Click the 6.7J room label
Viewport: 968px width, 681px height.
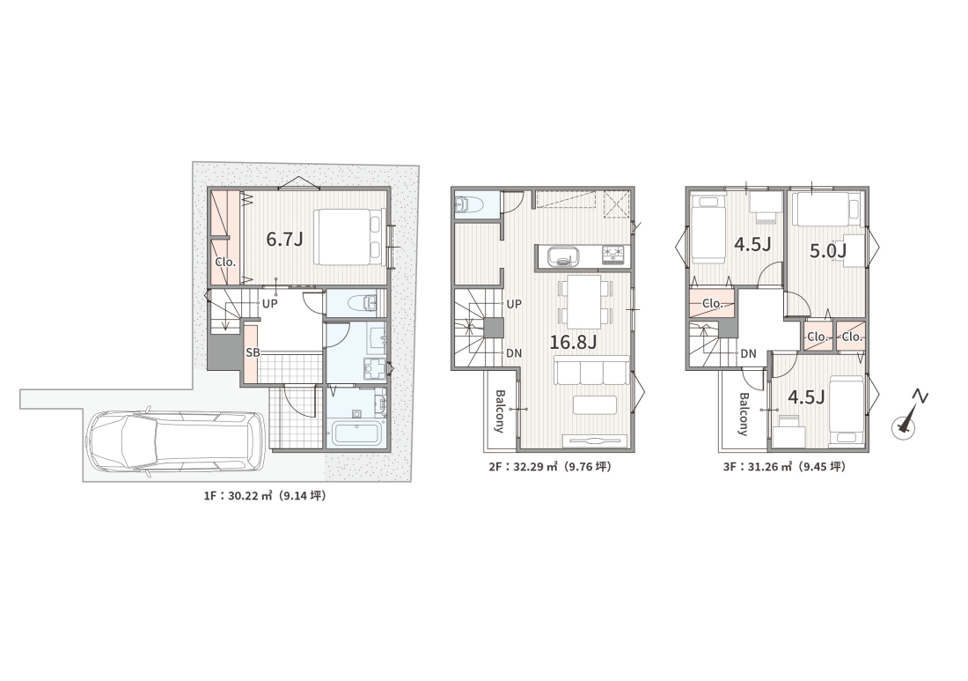tap(284, 239)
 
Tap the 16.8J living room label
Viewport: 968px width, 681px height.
tap(573, 342)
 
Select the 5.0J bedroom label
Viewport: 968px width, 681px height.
tap(827, 250)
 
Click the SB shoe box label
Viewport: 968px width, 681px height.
tap(253, 353)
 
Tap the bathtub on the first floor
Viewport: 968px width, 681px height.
tap(355, 433)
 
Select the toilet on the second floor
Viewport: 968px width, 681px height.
tap(469, 204)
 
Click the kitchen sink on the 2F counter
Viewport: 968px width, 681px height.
tap(561, 255)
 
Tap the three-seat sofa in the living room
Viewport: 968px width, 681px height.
tap(591, 372)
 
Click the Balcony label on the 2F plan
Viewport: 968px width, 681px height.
tap(500, 411)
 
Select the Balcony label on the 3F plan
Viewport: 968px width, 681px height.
tap(744, 414)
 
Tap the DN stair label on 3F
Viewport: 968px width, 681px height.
tap(748, 354)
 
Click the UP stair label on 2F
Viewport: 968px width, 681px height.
tap(514, 304)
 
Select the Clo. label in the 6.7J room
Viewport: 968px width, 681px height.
tap(225, 262)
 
